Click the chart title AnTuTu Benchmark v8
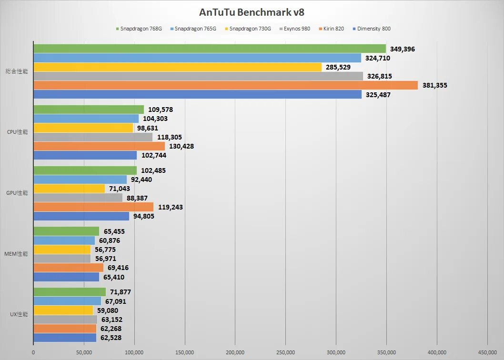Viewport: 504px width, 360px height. [x=252, y=11]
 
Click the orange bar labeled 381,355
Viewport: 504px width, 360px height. [x=225, y=85]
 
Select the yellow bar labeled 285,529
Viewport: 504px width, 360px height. [x=177, y=67]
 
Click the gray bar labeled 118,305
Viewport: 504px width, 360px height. [x=93, y=137]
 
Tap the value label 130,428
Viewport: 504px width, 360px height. [x=181, y=146]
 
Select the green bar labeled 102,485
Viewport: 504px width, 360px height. [x=85, y=170]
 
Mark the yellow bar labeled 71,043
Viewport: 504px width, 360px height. [x=69, y=189]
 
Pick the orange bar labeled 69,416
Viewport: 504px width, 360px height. [x=68, y=268]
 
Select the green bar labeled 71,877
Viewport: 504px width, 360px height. [x=70, y=292]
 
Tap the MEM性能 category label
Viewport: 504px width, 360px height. [x=17, y=254]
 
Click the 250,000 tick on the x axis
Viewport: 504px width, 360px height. [x=285, y=352]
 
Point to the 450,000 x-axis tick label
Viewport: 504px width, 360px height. [x=487, y=352]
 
